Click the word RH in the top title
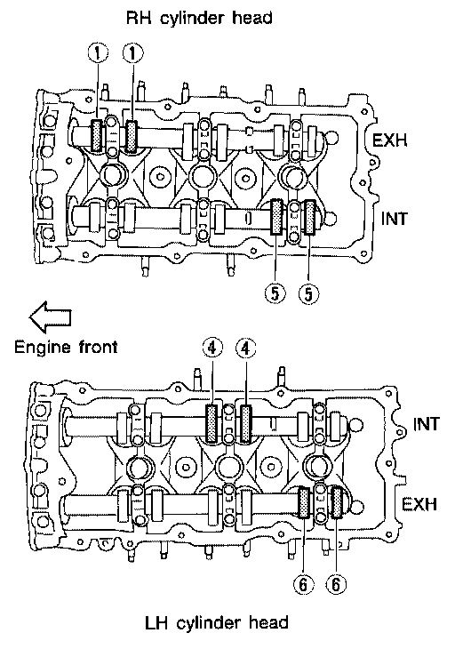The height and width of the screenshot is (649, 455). coord(138,18)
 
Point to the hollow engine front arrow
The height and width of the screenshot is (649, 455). coord(50,317)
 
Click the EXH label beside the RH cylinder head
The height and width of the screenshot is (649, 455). coord(389,140)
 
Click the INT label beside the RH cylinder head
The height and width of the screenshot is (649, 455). coord(395,218)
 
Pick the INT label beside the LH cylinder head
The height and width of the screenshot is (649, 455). coord(426,424)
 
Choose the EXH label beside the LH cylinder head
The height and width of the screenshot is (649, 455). coord(419,504)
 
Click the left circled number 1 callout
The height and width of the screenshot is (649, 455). coord(98,53)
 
